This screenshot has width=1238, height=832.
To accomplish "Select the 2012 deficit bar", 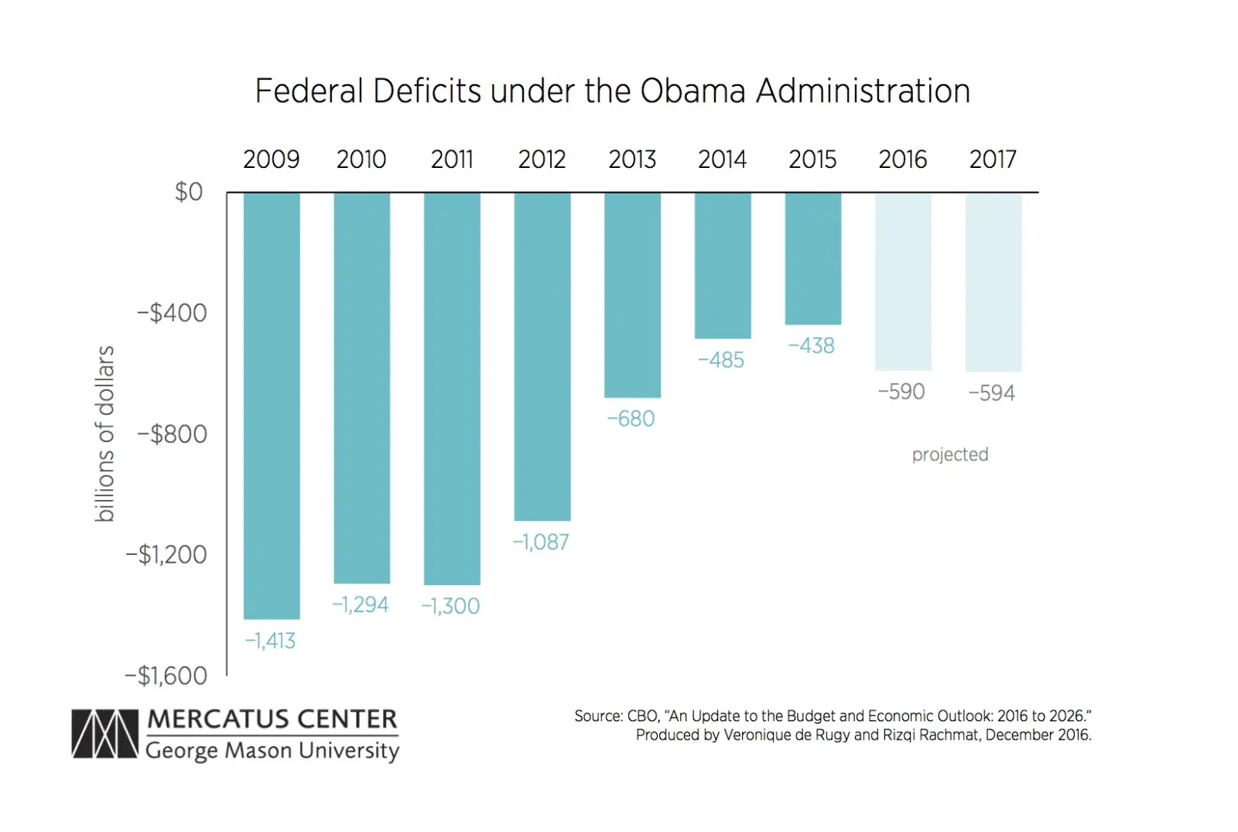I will coord(542,356).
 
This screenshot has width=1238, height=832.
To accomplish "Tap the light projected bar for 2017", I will coord(993,282).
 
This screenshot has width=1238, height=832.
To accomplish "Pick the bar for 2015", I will coord(812,259).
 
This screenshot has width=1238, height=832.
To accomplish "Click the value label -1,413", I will coord(270,641).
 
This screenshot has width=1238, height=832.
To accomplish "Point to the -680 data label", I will coord(631,419).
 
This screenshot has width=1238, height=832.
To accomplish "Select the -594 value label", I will coord(991,393).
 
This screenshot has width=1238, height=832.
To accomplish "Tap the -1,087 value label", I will coord(541,542).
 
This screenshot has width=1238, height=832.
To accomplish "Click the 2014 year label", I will coord(722,159).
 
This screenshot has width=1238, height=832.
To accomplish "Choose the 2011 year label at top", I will coord(452,159).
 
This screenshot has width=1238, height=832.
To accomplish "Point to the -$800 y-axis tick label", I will coord(172,434).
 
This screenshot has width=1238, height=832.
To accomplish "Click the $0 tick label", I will coord(188,191).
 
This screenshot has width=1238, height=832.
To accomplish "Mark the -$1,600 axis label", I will coord(166,676).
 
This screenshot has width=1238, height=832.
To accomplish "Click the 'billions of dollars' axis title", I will coord(104,433).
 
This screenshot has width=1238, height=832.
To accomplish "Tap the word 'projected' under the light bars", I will coord(949,454).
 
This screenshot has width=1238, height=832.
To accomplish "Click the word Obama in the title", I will coord(693,91).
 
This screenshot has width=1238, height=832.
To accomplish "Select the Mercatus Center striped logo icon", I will coord(104,734).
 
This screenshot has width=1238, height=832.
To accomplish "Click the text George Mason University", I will coord(272,751).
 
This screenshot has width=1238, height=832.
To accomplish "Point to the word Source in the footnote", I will coord(598,716).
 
